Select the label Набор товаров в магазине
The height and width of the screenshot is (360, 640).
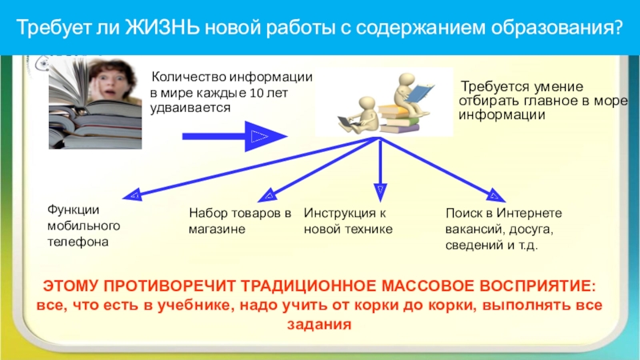pyautogui.click(x=240, y=221)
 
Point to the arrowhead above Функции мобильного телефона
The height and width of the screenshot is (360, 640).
pyautogui.click(x=133, y=194)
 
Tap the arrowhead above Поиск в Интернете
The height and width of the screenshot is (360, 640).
pyautogui.click(x=496, y=194)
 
